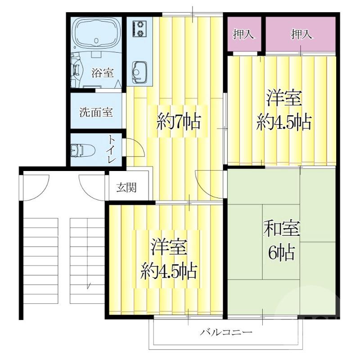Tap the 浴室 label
tap(103, 72)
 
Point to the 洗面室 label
tap(96, 112)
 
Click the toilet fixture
tap(83, 150)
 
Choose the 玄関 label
tap(126, 187)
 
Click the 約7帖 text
tap(179, 121)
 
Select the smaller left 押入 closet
tap(244, 34)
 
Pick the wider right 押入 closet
tap(301, 34)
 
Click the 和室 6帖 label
tap(282, 240)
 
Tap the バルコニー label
tap(226, 332)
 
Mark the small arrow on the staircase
tap(88, 286)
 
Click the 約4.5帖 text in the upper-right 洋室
tap(284, 122)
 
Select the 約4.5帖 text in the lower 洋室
tap(169, 271)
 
